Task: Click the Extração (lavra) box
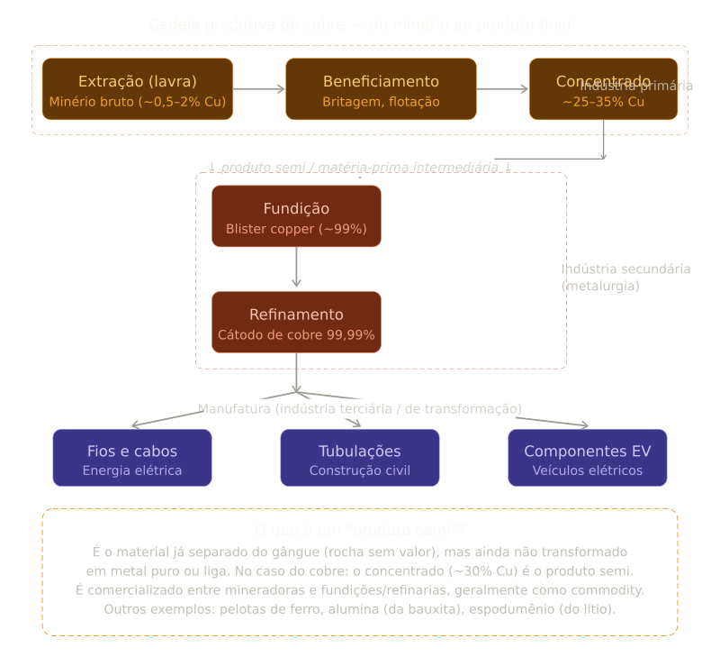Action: [x=137, y=88]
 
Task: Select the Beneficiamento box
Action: [x=381, y=88]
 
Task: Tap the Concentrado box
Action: [x=603, y=88]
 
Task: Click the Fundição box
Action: [x=296, y=216]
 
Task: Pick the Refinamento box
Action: [x=296, y=322]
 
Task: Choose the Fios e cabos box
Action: [x=132, y=458]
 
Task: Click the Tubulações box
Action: [x=360, y=458]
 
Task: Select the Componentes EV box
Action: [x=588, y=458]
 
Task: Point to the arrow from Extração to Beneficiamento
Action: [x=259, y=88]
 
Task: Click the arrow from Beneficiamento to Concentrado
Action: [x=502, y=88]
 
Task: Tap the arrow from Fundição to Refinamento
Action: [x=296, y=268]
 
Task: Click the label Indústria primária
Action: [x=636, y=87]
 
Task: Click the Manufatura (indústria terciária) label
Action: [x=359, y=409]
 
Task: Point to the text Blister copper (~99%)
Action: [x=296, y=229]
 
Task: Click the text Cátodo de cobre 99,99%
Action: [x=296, y=335]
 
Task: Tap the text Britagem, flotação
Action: [x=381, y=102]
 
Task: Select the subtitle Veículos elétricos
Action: [x=588, y=470]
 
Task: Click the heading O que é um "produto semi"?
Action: [x=360, y=530]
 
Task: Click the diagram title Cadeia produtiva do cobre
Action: [x=360, y=24]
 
